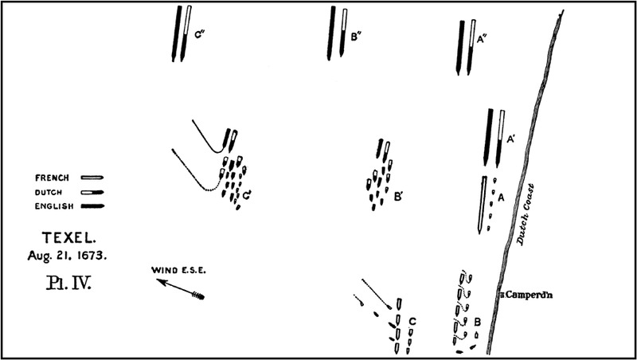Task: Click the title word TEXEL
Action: tap(67, 238)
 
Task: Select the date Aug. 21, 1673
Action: tap(67, 256)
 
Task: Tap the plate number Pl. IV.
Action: tap(68, 283)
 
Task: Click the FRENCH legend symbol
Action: tap(92, 178)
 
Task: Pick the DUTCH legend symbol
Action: tap(92, 192)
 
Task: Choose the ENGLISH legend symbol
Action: tap(92, 206)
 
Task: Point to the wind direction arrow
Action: tap(181, 289)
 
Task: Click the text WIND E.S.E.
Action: tap(178, 270)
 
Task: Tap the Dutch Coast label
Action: tap(526, 214)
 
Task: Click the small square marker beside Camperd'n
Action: tap(502, 295)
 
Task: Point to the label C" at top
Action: tap(198, 34)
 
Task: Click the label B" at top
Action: tap(356, 37)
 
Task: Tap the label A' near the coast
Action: tap(511, 139)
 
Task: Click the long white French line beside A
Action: tap(482, 205)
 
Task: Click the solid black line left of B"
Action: tap(330, 33)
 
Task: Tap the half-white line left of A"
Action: tap(471, 47)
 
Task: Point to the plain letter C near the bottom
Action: tap(412, 322)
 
